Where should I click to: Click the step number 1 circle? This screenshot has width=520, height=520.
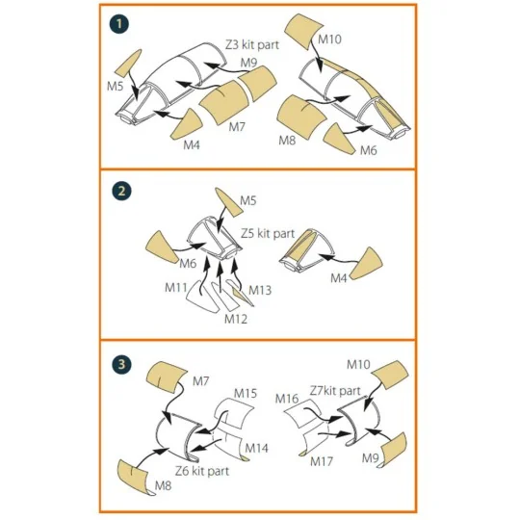pyautogui.click(x=119, y=23)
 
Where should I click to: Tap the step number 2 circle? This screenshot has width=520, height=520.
pyautogui.click(x=121, y=191)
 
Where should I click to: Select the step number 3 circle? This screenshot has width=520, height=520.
pyautogui.click(x=121, y=364)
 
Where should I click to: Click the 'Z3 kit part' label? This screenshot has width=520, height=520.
pyautogui.click(x=252, y=44)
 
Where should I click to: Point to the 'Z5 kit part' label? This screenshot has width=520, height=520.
pyautogui.click(x=268, y=233)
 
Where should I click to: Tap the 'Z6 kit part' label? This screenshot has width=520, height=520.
pyautogui.click(x=202, y=471)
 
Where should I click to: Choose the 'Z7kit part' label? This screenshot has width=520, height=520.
pyautogui.click(x=335, y=391)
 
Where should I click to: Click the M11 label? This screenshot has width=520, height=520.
pyautogui.click(x=176, y=287)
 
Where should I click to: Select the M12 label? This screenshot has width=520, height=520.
pyautogui.click(x=236, y=319)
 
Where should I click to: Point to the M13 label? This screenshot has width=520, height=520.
pyautogui.click(x=260, y=290)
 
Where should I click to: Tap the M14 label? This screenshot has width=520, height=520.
pyautogui.click(x=256, y=448)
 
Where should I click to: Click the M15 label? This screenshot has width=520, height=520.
pyautogui.click(x=246, y=393)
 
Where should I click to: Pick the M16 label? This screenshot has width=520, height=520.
pyautogui.click(x=287, y=399)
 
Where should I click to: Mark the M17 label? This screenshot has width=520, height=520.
pyautogui.click(x=322, y=461)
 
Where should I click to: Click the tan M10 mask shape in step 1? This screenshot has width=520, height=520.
pyautogui.click(x=303, y=30)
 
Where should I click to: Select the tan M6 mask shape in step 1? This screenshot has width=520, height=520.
pyautogui.click(x=339, y=140)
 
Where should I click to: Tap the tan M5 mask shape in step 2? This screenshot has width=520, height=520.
pyautogui.click(x=228, y=202)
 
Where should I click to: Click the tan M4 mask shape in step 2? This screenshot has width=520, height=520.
pyautogui.click(x=368, y=264)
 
